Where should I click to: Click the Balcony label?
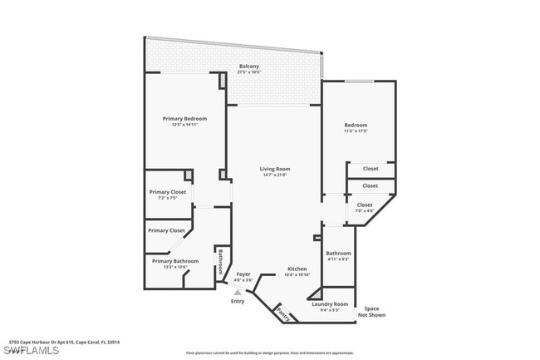tap(248, 67)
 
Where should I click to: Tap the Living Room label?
tap(276, 169)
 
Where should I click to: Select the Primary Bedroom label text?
tap(184, 119)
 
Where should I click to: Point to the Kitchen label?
tap(297, 269)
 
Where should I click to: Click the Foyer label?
tap(243, 274)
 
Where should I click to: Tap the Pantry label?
tap(284, 315)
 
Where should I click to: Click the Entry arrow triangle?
tap(238, 293)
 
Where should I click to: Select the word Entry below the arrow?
tap(238, 301)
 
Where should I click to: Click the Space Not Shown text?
tap(371, 312)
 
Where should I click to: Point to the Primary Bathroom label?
tap(175, 261)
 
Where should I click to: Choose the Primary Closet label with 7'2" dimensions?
tap(168, 192)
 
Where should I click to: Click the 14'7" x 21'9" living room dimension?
tap(276, 175)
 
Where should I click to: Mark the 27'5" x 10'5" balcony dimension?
tap(248, 72)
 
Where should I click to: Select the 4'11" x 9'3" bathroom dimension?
tap(338, 259)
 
